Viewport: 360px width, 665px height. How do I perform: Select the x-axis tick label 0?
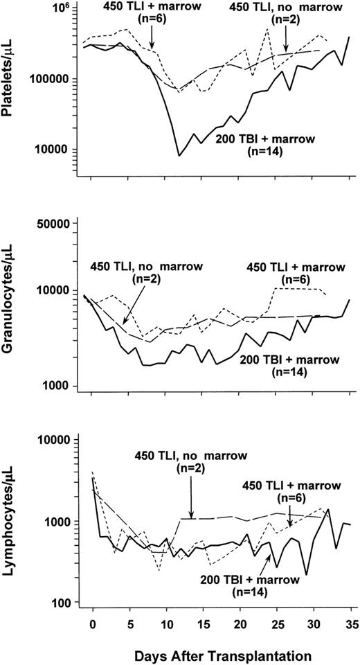92,623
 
